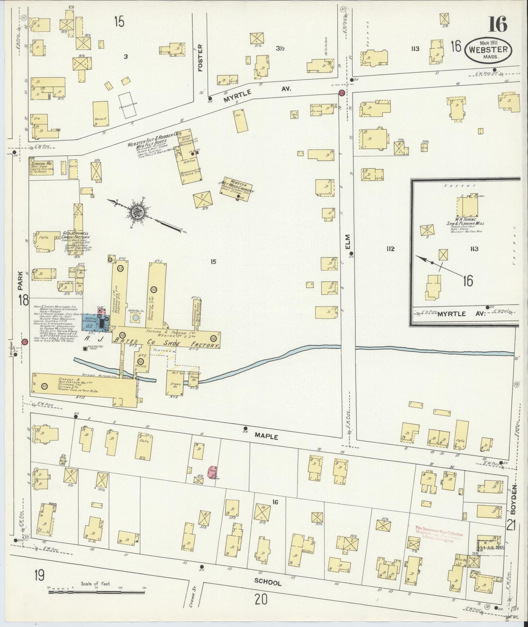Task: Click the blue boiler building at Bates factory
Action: [90, 322]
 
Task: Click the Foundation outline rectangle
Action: [128, 105]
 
